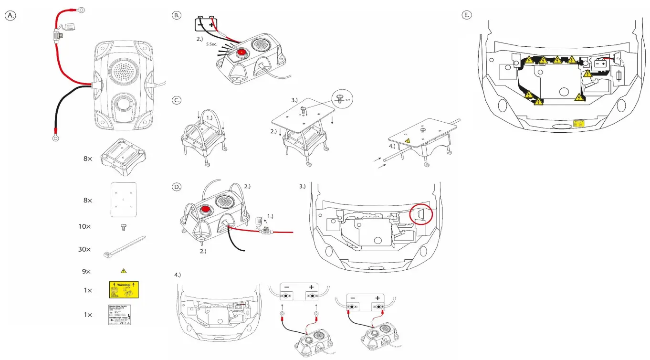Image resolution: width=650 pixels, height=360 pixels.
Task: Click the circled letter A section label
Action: [x=10, y=15]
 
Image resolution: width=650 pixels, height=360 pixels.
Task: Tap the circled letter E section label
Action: [x=467, y=15]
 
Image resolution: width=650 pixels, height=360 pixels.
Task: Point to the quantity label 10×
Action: [x=84, y=226]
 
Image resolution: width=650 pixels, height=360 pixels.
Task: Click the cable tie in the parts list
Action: [x=124, y=247]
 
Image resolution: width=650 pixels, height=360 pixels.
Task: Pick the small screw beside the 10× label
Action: [x=124, y=226]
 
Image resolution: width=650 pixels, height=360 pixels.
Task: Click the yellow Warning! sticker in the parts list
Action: [x=124, y=289]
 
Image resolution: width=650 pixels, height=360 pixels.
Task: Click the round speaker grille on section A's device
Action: [x=123, y=71]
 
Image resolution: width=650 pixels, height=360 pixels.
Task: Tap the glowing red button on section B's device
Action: [x=242, y=52]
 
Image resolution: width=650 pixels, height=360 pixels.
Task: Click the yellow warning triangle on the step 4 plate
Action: [x=408, y=141]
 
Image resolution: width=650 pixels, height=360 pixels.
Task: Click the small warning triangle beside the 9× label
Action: [x=124, y=271]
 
